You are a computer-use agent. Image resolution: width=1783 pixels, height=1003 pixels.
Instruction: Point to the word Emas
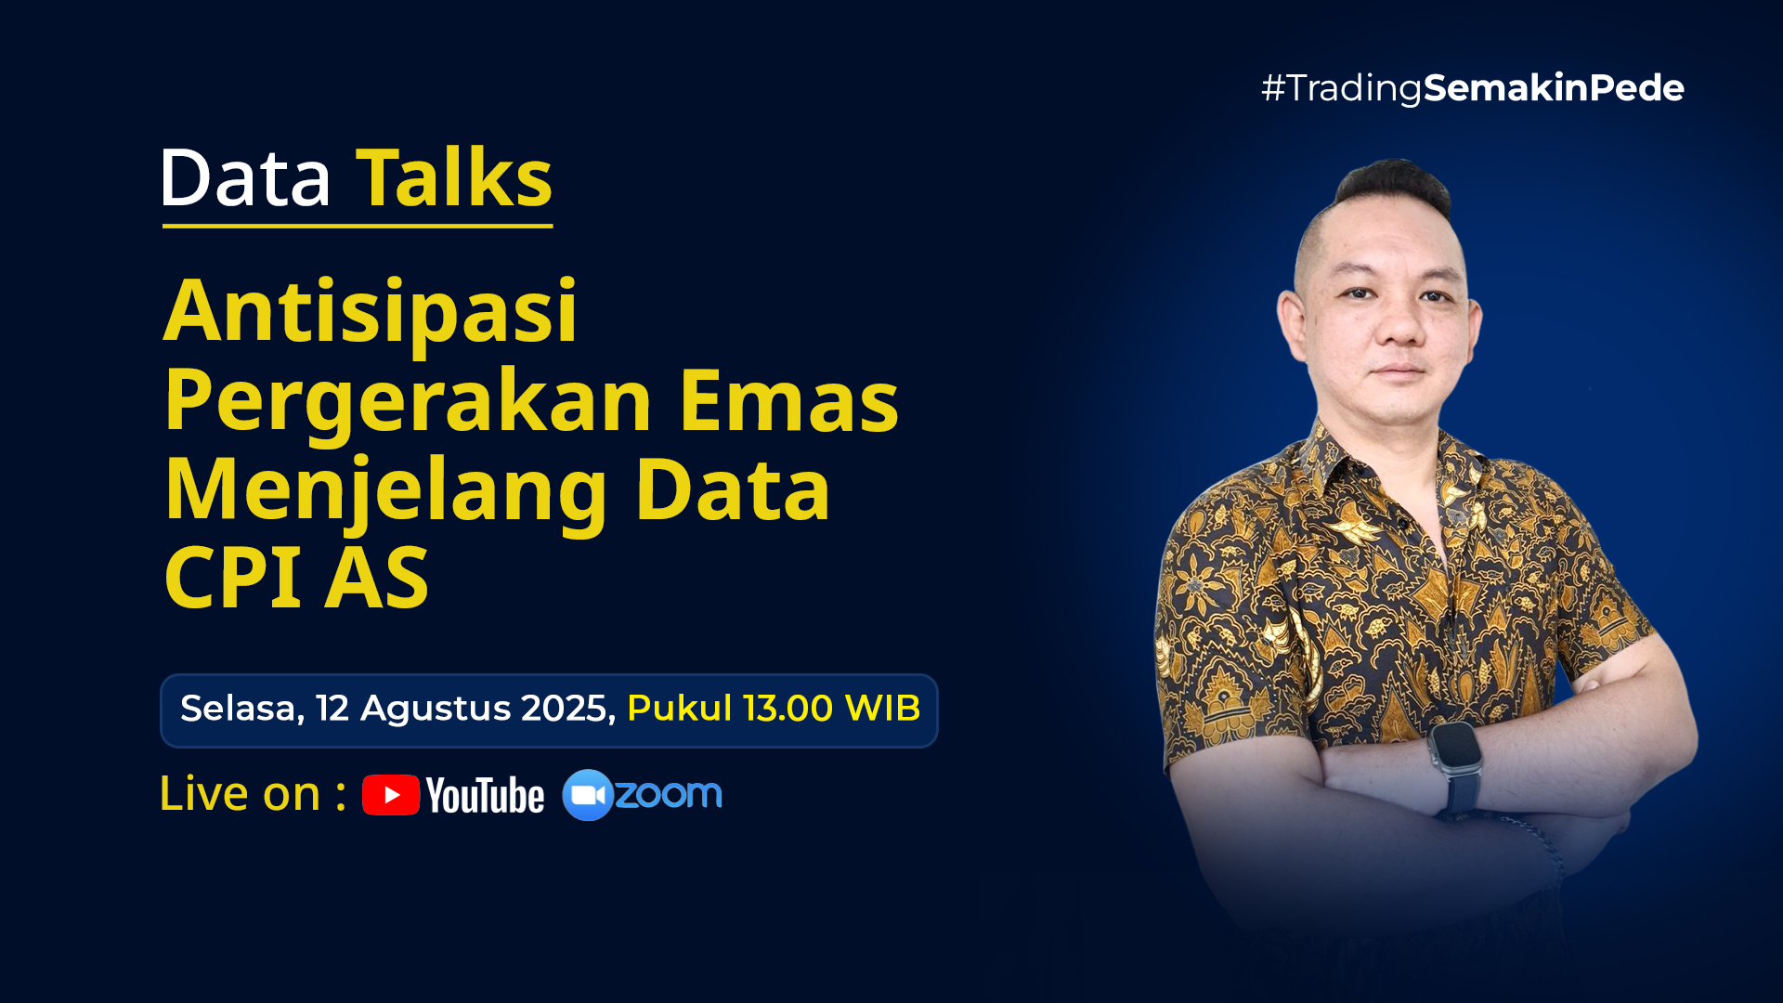pyautogui.click(x=788, y=401)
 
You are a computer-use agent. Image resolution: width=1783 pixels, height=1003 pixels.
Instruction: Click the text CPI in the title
pyautogui.click(x=232, y=578)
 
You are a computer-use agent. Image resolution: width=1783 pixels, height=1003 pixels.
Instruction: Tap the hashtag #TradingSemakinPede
pyautogui.click(x=1472, y=89)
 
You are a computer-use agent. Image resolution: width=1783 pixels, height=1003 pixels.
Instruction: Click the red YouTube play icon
pyautogui.click(x=391, y=795)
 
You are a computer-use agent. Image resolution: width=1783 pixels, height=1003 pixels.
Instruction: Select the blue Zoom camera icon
pyautogui.click(x=588, y=795)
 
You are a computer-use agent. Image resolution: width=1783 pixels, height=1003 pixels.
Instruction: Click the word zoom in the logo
pyautogui.click(x=669, y=794)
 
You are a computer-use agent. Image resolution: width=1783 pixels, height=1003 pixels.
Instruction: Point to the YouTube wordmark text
pyautogui.click(x=485, y=796)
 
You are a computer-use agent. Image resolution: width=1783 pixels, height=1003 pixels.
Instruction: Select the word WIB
pyautogui.click(x=882, y=709)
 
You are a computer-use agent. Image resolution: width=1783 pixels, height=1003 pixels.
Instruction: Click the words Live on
pyautogui.click(x=240, y=794)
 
